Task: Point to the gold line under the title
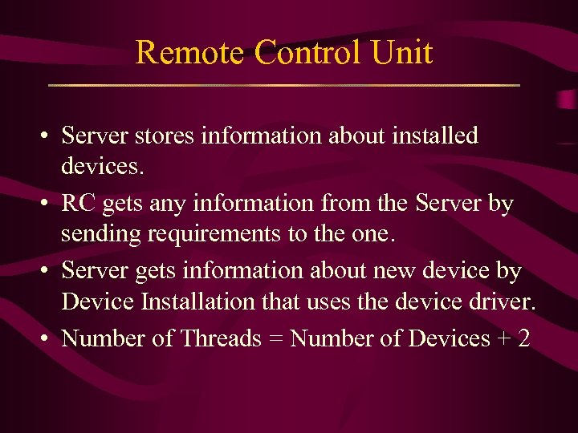(284, 85)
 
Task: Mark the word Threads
(221, 338)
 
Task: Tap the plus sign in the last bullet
(503, 339)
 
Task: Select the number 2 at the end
(524, 338)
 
